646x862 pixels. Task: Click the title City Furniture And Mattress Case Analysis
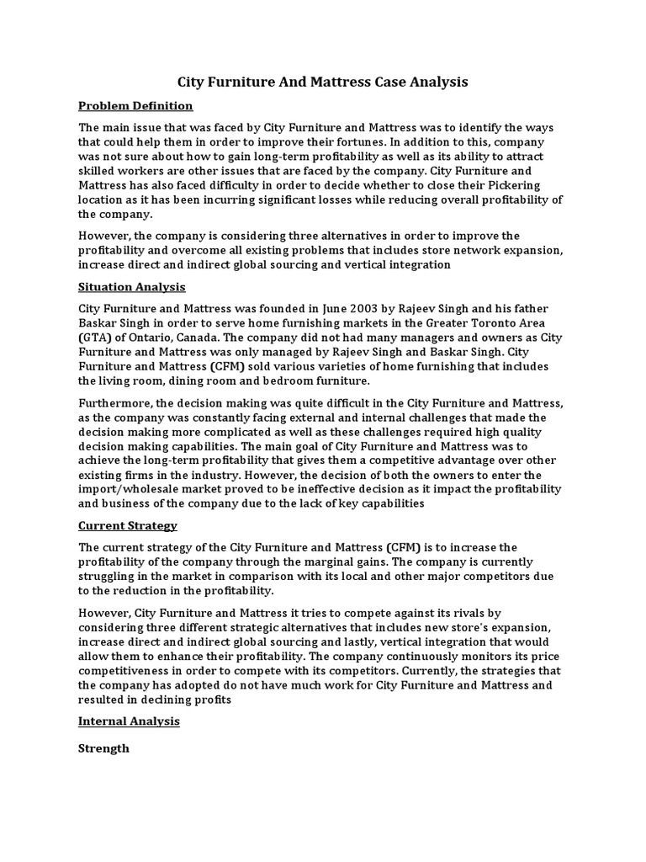point(322,82)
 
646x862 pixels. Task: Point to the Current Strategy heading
point(128,526)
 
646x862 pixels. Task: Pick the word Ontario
point(149,338)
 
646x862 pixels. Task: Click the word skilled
point(98,171)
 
